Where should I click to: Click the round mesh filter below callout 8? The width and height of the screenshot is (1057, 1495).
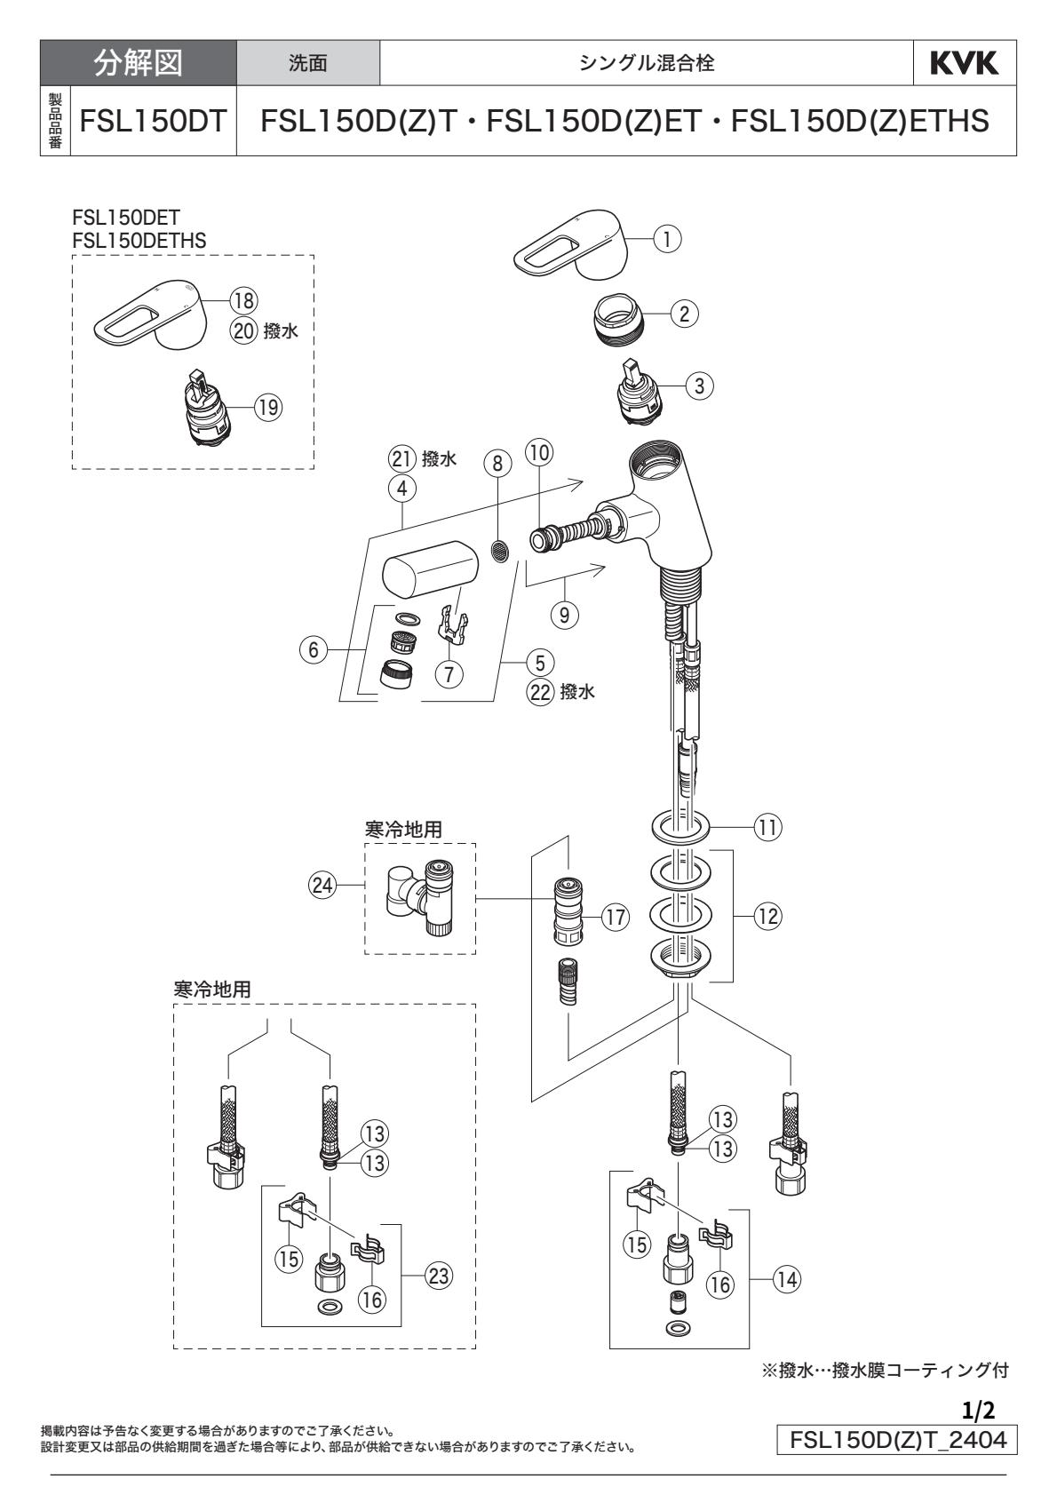tap(501, 552)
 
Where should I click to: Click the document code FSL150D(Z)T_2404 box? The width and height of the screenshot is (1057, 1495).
tap(896, 1439)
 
